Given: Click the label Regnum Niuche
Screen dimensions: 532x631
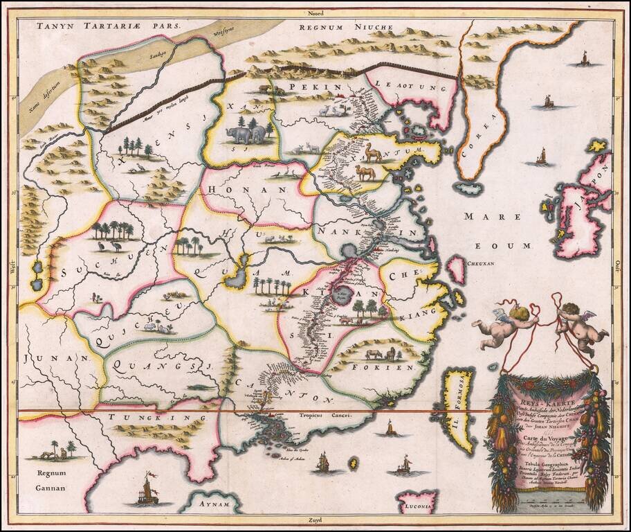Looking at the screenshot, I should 345,28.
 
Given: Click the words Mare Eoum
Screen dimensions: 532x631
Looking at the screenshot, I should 505,231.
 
